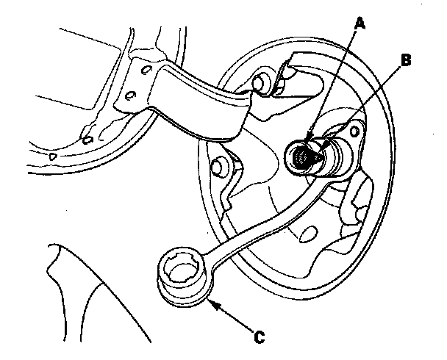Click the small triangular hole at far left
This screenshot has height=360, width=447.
53,156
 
